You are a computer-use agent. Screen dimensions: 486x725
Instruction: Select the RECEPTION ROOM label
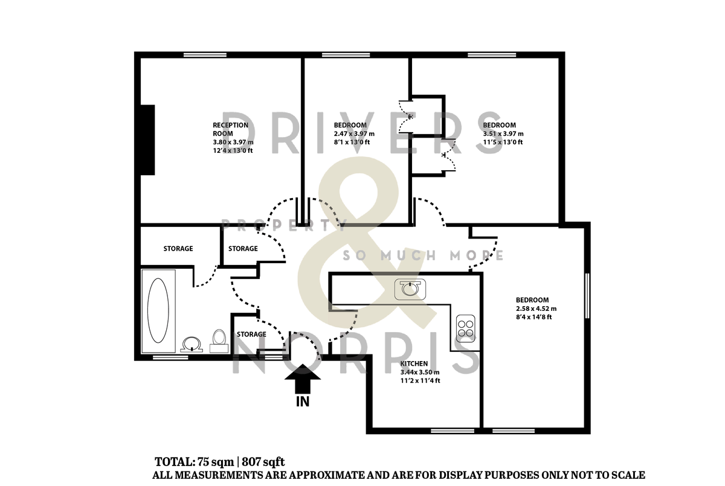pyautogui.click(x=230, y=129)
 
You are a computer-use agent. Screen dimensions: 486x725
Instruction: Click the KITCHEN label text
pyautogui.click(x=414, y=363)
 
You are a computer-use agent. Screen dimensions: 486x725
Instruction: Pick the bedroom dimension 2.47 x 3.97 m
pyautogui.click(x=354, y=134)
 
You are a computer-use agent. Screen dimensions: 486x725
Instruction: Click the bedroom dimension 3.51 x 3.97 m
pyautogui.click(x=503, y=134)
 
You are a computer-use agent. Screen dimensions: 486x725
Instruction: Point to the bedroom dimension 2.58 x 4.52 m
pyautogui.click(x=535, y=309)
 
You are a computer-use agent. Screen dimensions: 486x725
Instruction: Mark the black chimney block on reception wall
pyautogui.click(x=147, y=139)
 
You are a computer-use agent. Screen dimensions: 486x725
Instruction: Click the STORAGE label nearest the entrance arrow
pyautogui.click(x=251, y=334)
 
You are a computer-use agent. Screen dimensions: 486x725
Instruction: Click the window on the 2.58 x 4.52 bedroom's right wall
pyautogui.click(x=587, y=295)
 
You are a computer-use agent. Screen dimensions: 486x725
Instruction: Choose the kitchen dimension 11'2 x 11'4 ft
pyautogui.click(x=420, y=380)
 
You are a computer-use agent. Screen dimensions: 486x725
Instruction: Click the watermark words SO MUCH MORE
pyautogui.click(x=423, y=255)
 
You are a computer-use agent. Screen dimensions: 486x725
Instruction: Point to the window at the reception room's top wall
pyautogui.click(x=205, y=55)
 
